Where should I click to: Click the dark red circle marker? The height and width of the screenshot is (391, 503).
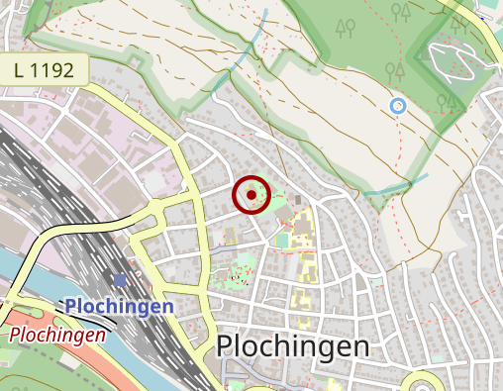click(251, 195)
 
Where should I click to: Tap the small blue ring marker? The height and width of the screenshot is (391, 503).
click(398, 105)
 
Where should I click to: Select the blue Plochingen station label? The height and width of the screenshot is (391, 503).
click(120, 306)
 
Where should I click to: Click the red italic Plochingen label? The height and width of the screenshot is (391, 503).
click(57, 335)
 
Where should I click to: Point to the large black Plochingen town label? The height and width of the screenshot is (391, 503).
click(292, 346)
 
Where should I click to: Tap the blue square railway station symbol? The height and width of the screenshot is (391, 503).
click(121, 281)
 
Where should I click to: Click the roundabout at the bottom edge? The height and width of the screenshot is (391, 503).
click(424, 384)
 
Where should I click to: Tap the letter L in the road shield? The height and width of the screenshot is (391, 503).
click(23, 69)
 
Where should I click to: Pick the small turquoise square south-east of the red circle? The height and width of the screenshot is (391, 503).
click(283, 240)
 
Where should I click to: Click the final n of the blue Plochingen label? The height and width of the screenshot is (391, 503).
click(167, 306)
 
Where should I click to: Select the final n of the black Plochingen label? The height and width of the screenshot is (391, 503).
click(359, 346)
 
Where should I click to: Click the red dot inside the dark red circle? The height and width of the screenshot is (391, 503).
click(251, 195)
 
